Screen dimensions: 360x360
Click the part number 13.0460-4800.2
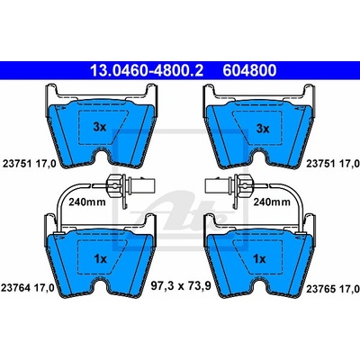(x=147, y=71)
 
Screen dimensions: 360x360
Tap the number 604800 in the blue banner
(x=249, y=71)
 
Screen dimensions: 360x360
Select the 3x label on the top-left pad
(x=100, y=127)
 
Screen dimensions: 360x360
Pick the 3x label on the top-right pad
(x=263, y=129)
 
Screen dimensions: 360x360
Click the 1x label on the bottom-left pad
(x=100, y=258)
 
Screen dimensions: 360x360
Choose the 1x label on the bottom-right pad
(x=259, y=258)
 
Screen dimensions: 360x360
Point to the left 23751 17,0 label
(x=29, y=164)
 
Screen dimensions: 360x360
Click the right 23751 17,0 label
(x=333, y=164)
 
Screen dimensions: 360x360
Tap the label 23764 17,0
(x=28, y=288)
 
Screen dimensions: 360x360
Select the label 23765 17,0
(x=333, y=289)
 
